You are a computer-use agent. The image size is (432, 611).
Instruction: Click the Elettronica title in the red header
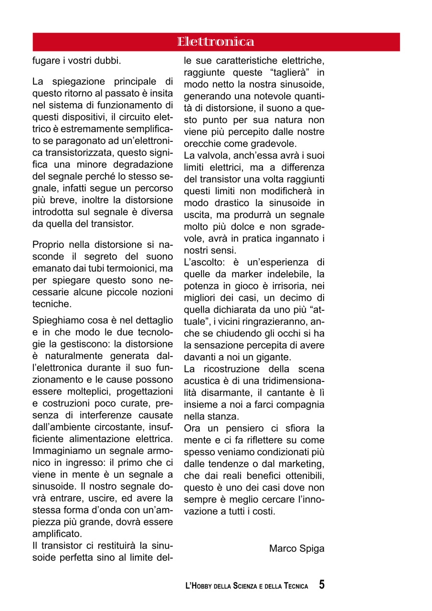(216, 42)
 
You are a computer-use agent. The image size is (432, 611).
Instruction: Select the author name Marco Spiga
(296, 548)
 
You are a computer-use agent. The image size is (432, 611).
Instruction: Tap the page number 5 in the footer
(322, 585)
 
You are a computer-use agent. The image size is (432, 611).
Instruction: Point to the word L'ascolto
(205, 262)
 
